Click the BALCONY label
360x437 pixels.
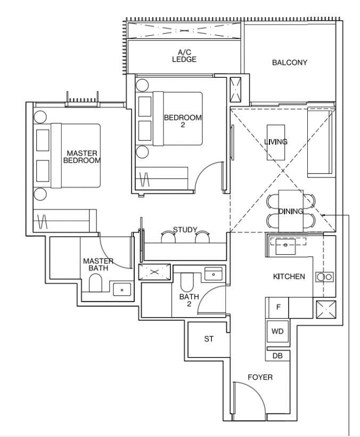point(290,62)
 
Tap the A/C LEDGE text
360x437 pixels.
point(184,56)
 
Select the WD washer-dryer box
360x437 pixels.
point(277,331)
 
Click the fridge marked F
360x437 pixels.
point(278,307)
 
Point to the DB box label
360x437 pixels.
point(277,356)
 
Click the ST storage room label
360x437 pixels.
point(209,339)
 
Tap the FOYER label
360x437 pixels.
point(260,377)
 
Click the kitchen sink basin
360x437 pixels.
point(285,246)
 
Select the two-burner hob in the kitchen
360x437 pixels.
point(325,277)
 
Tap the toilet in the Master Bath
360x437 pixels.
point(95,282)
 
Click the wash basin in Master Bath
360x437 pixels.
point(122,289)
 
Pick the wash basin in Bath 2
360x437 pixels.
point(214,274)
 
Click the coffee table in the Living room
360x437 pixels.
point(276,142)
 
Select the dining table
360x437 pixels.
point(291,211)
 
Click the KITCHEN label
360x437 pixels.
point(289,277)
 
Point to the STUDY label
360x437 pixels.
point(185,230)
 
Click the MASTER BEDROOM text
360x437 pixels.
point(82,157)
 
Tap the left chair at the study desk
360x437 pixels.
point(168,237)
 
